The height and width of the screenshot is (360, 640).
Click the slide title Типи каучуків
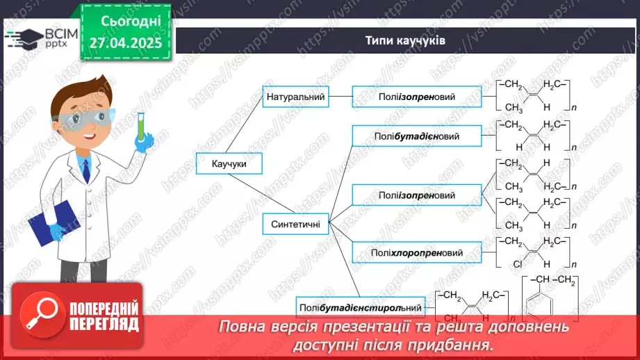coord(406,40)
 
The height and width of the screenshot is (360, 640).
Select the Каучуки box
coord(220,164)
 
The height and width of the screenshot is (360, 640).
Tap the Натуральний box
coord(295,97)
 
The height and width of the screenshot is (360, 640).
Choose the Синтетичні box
coord(295,224)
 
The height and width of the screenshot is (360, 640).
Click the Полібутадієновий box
coord(417,136)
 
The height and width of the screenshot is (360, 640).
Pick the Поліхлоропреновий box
coord(417,253)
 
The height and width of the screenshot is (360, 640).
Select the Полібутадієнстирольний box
coord(361,307)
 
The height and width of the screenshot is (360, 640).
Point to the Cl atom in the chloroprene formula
coord(517,264)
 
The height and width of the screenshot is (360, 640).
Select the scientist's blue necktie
coord(85,170)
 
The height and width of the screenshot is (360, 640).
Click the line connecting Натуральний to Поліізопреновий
coord(340,97)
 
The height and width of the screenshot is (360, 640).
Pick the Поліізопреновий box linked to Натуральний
coord(417,97)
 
